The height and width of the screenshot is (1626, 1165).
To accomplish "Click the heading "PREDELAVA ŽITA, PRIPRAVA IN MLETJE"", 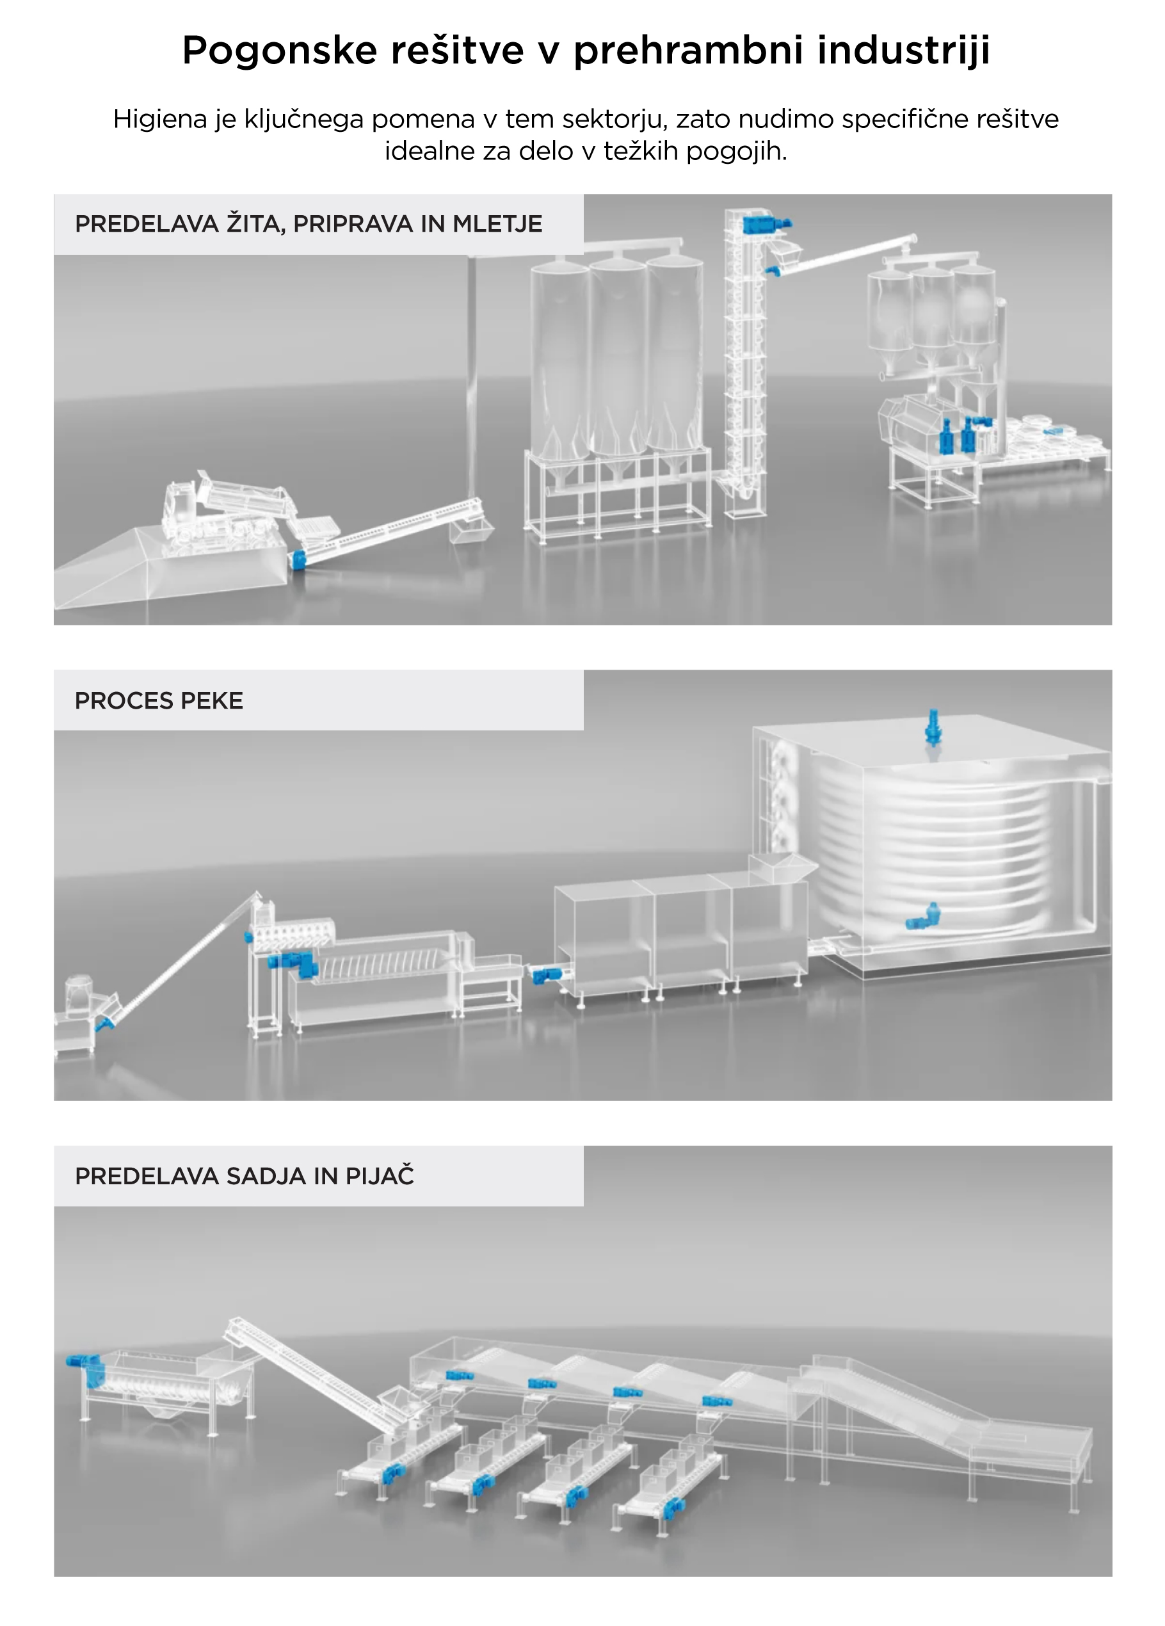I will click(x=309, y=223).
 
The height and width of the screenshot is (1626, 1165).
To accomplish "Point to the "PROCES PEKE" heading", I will click(x=159, y=700).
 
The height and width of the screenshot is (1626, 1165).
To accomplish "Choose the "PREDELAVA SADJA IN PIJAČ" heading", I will click(x=245, y=1177).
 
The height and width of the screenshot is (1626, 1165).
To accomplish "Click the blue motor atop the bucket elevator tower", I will click(x=764, y=225).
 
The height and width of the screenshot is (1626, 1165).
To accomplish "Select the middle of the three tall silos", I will click(x=618, y=358).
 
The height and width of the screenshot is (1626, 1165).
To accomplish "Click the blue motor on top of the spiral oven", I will click(x=932, y=725).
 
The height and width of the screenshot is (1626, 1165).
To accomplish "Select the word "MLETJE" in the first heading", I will click(x=497, y=223).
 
